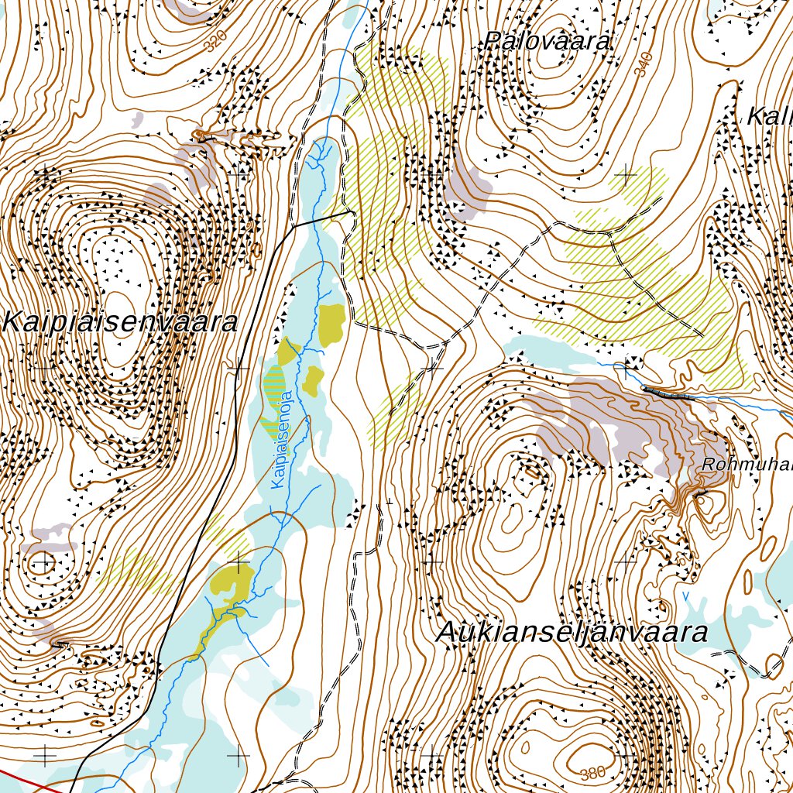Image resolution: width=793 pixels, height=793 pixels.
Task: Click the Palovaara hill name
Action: (x=548, y=42)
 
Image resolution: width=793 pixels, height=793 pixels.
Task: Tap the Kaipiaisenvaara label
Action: (x=120, y=322)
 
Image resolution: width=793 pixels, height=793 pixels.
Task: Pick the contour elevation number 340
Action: (x=642, y=64)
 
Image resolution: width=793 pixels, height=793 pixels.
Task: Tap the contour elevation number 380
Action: (x=592, y=772)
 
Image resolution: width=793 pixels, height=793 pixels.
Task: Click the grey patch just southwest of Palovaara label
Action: (x=471, y=184)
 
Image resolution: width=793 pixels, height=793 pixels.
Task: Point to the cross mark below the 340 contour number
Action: (x=624, y=176)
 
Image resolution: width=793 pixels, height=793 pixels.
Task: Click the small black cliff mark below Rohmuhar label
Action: (x=701, y=493)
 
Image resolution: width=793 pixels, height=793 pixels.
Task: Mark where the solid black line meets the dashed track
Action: (x=352, y=211)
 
